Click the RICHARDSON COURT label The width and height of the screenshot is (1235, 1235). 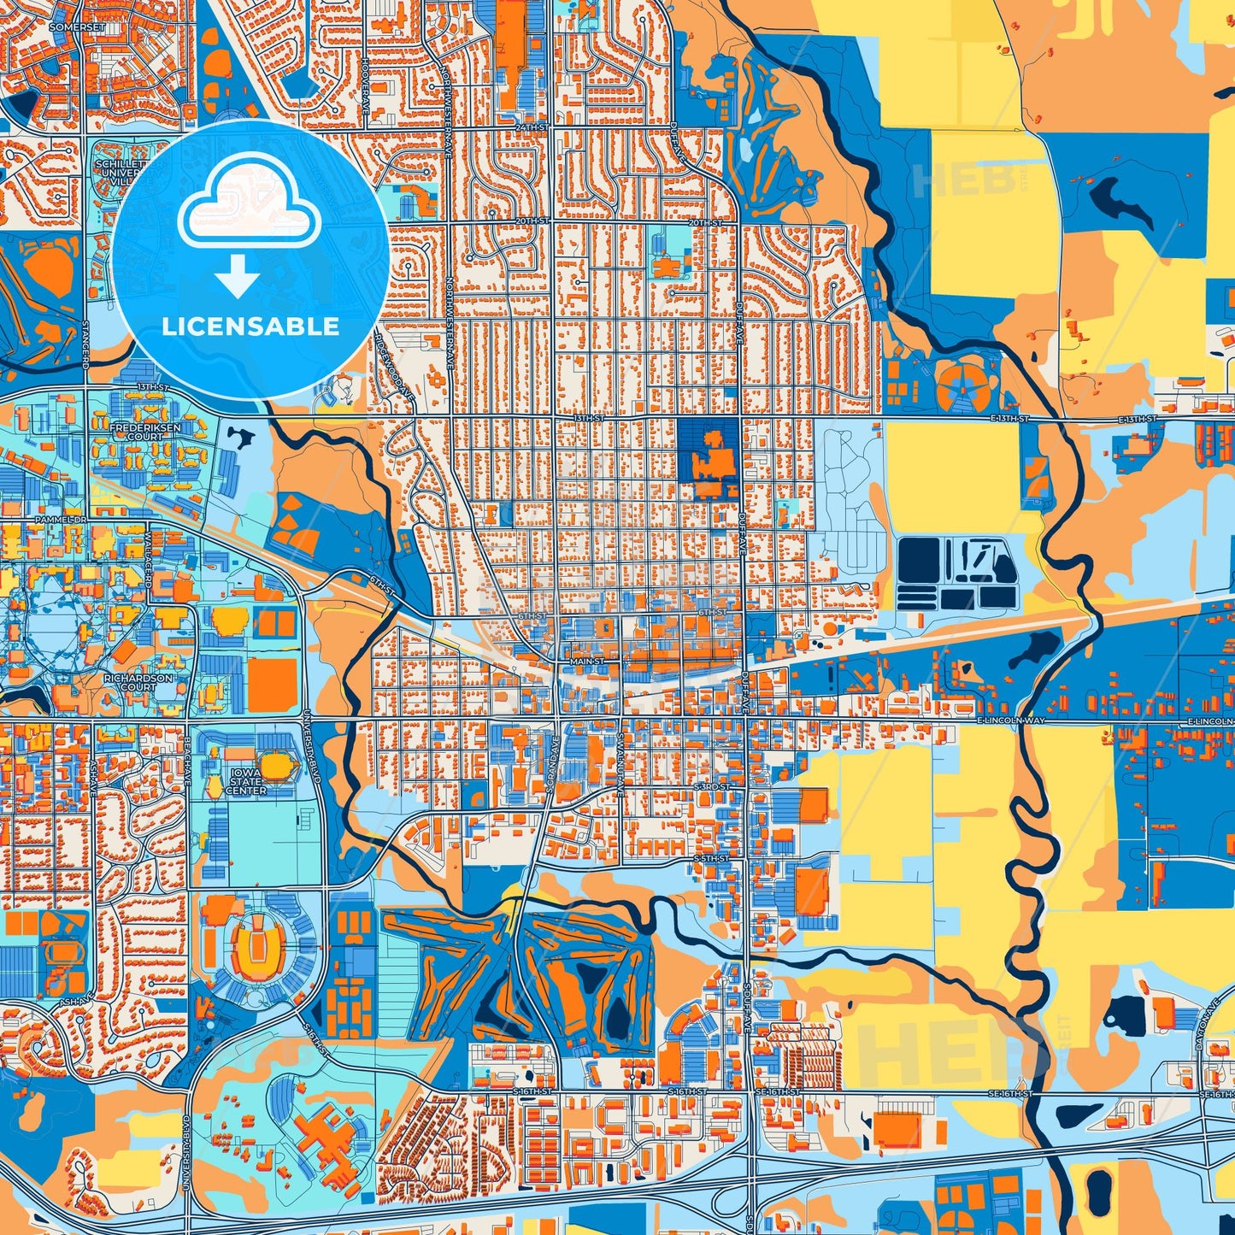click(x=138, y=682)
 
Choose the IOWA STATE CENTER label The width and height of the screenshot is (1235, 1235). click(x=246, y=781)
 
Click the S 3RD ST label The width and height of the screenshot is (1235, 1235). click(x=711, y=785)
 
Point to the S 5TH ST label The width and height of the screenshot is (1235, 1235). click(x=711, y=857)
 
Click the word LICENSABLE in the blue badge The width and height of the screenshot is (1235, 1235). click(x=250, y=326)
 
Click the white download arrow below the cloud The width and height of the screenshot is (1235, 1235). click(x=238, y=276)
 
